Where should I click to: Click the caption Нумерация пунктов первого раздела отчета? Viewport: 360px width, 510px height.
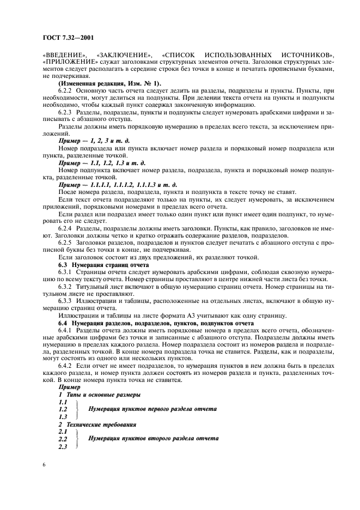(x=152, y=408)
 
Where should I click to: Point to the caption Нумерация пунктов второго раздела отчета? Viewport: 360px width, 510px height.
(x=153, y=438)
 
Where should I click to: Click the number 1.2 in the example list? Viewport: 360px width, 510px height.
(x=63, y=409)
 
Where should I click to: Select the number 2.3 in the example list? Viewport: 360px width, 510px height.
(x=63, y=447)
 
